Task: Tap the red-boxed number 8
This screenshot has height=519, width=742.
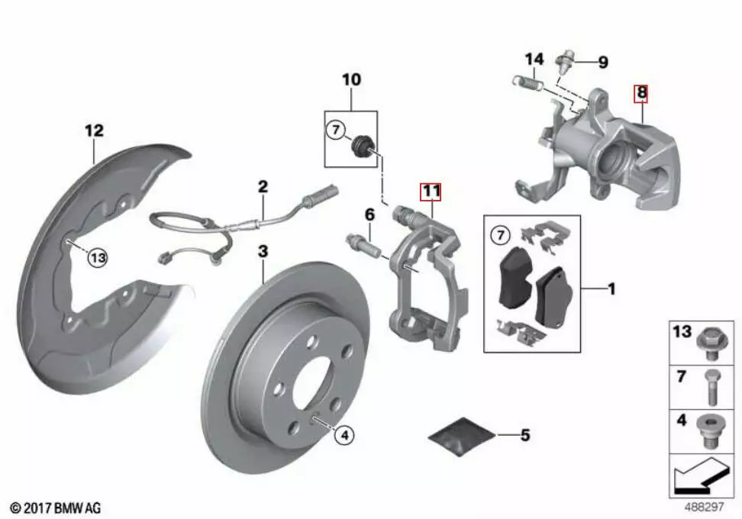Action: click(642, 93)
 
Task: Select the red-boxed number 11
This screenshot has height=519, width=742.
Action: click(431, 191)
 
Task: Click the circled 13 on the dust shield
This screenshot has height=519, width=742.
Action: click(98, 259)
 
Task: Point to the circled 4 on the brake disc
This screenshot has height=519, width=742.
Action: click(344, 435)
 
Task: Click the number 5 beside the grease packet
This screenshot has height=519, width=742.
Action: click(524, 436)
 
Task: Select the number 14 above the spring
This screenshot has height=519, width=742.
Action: click(534, 59)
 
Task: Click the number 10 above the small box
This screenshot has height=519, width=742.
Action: click(351, 79)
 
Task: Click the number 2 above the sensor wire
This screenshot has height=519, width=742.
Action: click(263, 185)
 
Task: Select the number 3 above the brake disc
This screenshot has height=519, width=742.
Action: click(263, 251)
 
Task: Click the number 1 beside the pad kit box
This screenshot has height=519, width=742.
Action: click(611, 289)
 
